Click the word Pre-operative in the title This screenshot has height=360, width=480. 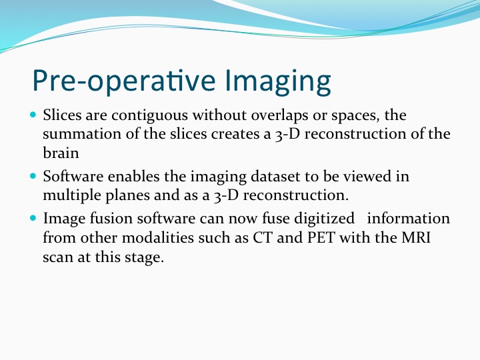pos(124,81)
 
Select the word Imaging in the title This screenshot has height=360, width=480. pos(277,81)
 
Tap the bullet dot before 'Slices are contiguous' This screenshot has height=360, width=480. pos(33,115)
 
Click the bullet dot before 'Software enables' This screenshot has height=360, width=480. pos(33,176)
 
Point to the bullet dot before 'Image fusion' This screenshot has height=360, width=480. pos(33,218)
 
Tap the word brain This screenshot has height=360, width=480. pos(61,153)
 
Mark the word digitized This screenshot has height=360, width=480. pos(324,219)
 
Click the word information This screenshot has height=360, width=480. pos(409,219)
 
